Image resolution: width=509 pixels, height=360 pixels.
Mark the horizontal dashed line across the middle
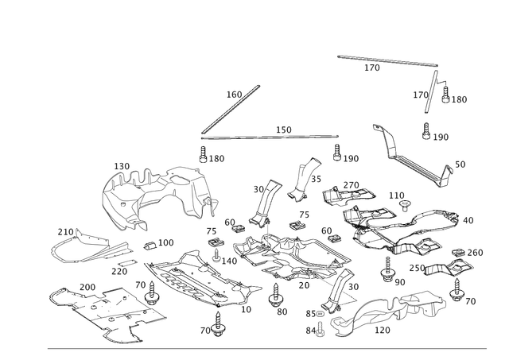pos(270,137)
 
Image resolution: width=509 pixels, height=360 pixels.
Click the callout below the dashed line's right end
pos(350,158)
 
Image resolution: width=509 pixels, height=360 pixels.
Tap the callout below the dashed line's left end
pos(216,159)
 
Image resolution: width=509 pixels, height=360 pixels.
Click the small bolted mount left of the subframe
pos(215,246)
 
